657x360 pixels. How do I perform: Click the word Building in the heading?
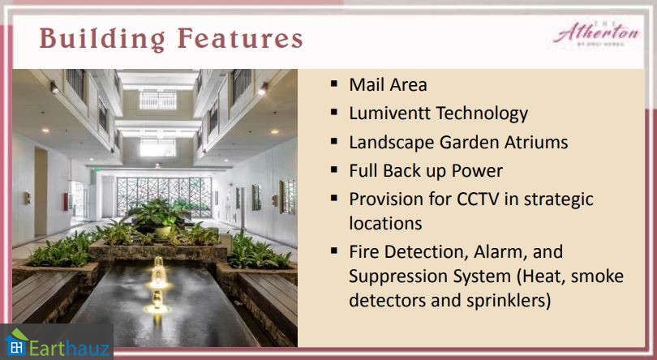tap(102, 39)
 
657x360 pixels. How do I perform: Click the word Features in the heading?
tap(240, 38)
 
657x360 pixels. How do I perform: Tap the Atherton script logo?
tap(596, 32)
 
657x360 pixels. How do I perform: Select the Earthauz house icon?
tap(16, 342)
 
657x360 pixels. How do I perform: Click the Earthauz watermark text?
tap(70, 348)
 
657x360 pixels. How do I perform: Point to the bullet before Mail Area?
tap(334, 84)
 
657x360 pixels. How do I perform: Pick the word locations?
tap(385, 223)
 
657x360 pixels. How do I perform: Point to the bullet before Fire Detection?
tap(334, 251)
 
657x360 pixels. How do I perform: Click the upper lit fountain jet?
tap(158, 272)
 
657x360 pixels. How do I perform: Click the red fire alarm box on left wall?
tap(66, 202)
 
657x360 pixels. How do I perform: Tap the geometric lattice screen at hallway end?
tap(164, 196)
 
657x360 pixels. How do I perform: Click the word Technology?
tap(482, 114)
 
